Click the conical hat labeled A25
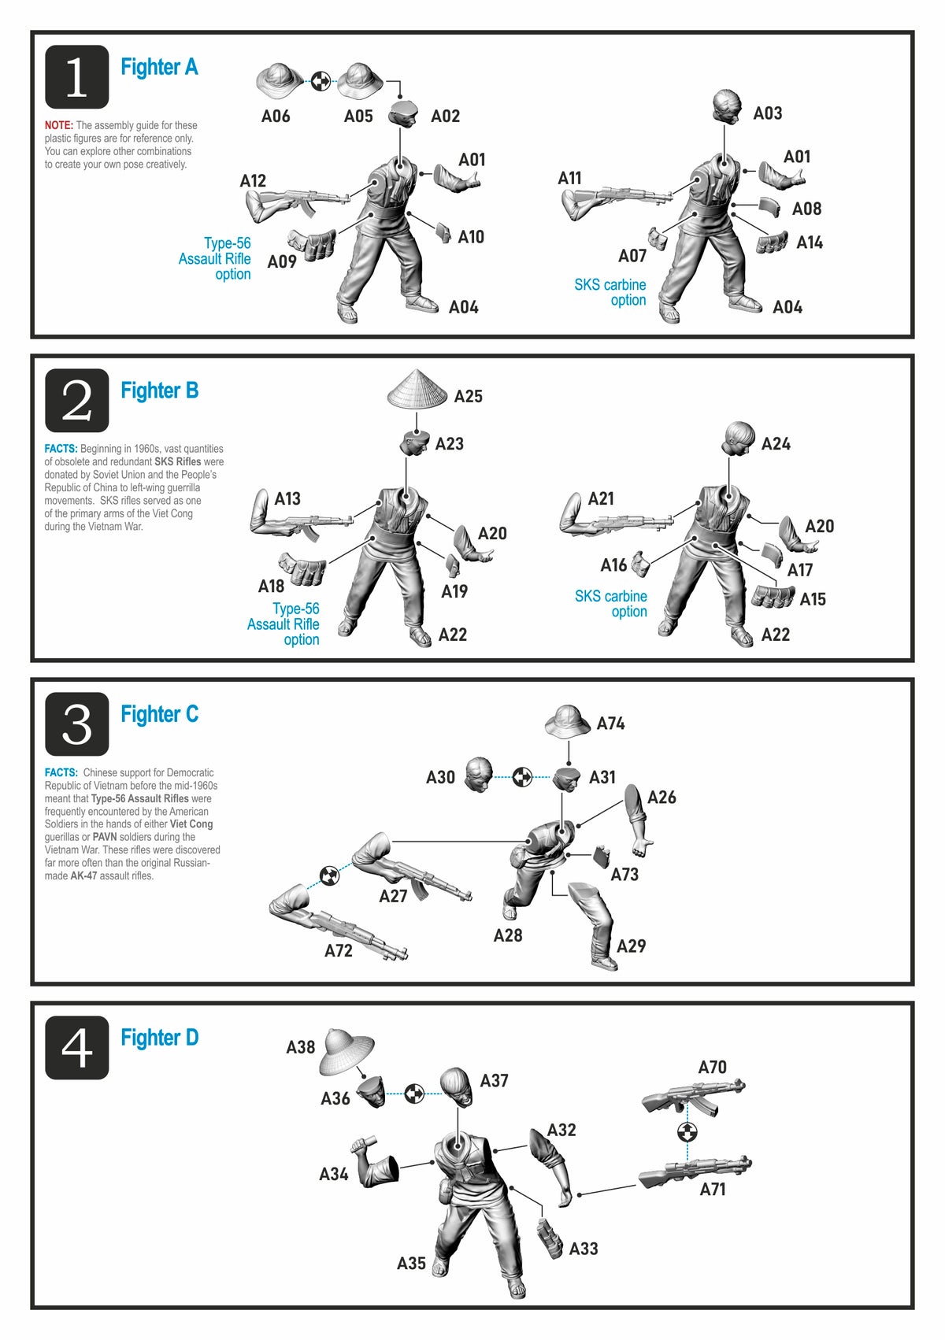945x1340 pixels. pyautogui.click(x=417, y=390)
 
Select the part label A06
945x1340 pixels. pyautogui.click(x=276, y=116)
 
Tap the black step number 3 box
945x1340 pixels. pyautogui.click(x=76, y=724)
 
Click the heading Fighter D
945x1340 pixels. pyautogui.click(x=159, y=1037)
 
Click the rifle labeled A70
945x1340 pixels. pyautogui.click(x=693, y=1096)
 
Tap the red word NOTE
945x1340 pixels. pyautogui.click(x=58, y=126)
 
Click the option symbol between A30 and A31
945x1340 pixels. pyautogui.click(x=522, y=777)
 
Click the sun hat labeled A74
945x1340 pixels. pyautogui.click(x=568, y=721)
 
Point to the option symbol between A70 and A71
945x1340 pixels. pyautogui.click(x=687, y=1132)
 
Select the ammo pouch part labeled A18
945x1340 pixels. pyautogui.click(x=303, y=568)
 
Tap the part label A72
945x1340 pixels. pyautogui.click(x=338, y=950)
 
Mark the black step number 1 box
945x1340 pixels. pyautogui.click(x=76, y=76)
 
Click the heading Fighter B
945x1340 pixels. pyautogui.click(x=159, y=390)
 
